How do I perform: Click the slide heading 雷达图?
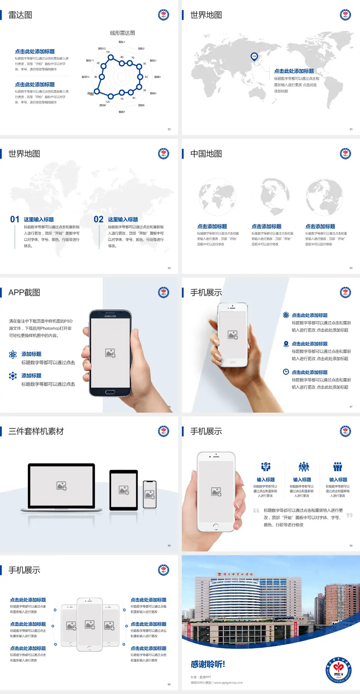tap(20, 15)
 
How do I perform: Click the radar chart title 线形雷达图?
tap(122, 33)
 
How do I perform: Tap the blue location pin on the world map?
tap(254, 57)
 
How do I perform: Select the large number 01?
tap(15, 219)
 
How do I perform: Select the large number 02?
tap(99, 219)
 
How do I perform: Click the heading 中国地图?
tap(206, 154)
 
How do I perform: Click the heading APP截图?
tap(24, 293)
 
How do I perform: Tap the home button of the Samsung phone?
tap(110, 392)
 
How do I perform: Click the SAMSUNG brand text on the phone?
tap(110, 316)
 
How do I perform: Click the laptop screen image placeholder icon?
tap(61, 486)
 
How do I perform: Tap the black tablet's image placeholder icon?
tap(124, 490)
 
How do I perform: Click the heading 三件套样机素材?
tap(36, 431)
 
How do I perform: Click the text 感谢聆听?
tap(208, 664)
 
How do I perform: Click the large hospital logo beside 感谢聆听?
tap(338, 670)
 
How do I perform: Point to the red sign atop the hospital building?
tap(235, 574)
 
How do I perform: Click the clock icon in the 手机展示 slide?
tap(286, 372)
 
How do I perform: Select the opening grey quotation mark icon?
tap(256, 510)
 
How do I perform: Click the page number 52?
tap(169, 129)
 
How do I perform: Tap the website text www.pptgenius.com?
tap(228, 683)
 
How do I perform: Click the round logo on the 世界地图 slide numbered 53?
tap(345, 15)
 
